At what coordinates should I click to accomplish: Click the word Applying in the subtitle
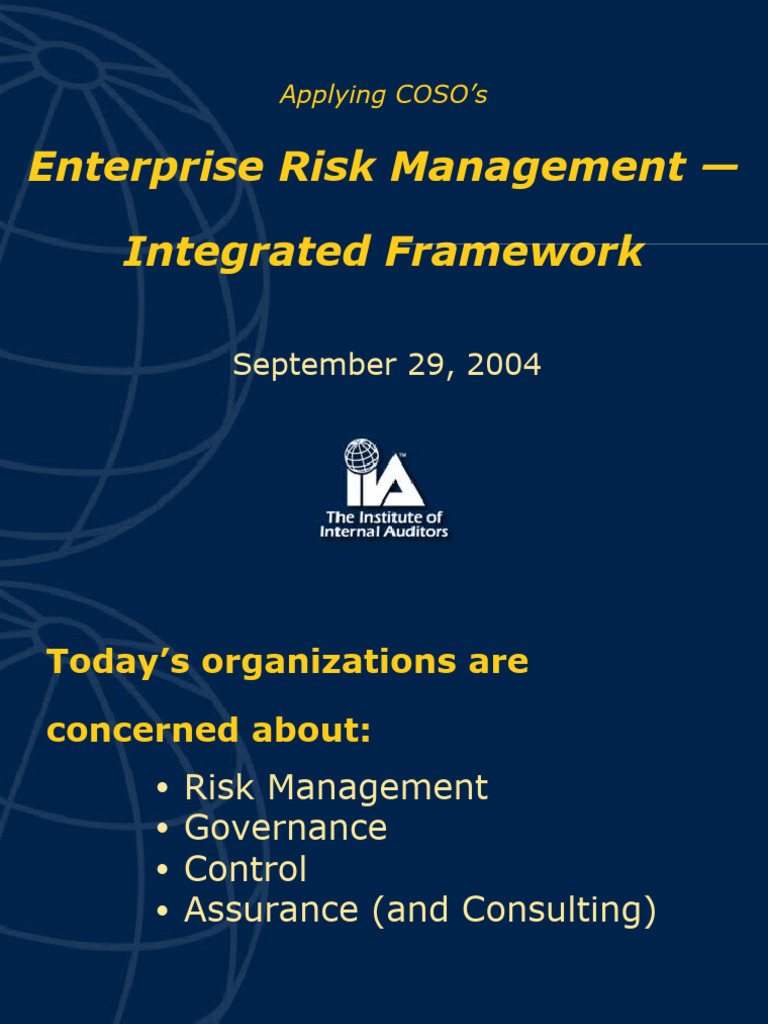pyautogui.click(x=332, y=96)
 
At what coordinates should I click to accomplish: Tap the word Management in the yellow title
pyautogui.click(x=538, y=167)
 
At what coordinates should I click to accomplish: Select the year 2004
pyautogui.click(x=503, y=365)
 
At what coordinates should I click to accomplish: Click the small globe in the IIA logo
pyautogui.click(x=362, y=457)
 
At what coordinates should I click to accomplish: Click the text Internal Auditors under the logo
pyautogui.click(x=384, y=532)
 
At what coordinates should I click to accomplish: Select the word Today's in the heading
pyautogui.click(x=118, y=662)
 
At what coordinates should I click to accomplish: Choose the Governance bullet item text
pyautogui.click(x=286, y=828)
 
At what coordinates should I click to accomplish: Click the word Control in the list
pyautogui.click(x=245, y=869)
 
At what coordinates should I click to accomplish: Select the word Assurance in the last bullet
pyautogui.click(x=271, y=910)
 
